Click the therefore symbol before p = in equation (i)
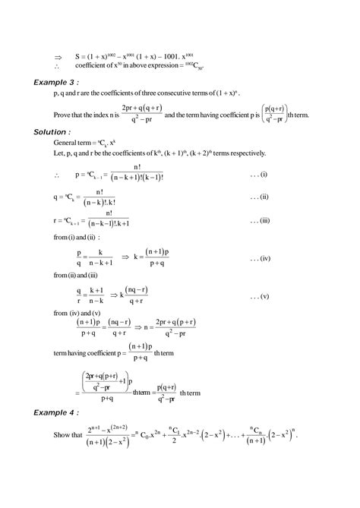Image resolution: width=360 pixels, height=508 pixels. [x=57, y=175]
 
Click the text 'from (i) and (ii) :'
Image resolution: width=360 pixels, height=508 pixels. [x=70, y=240]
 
